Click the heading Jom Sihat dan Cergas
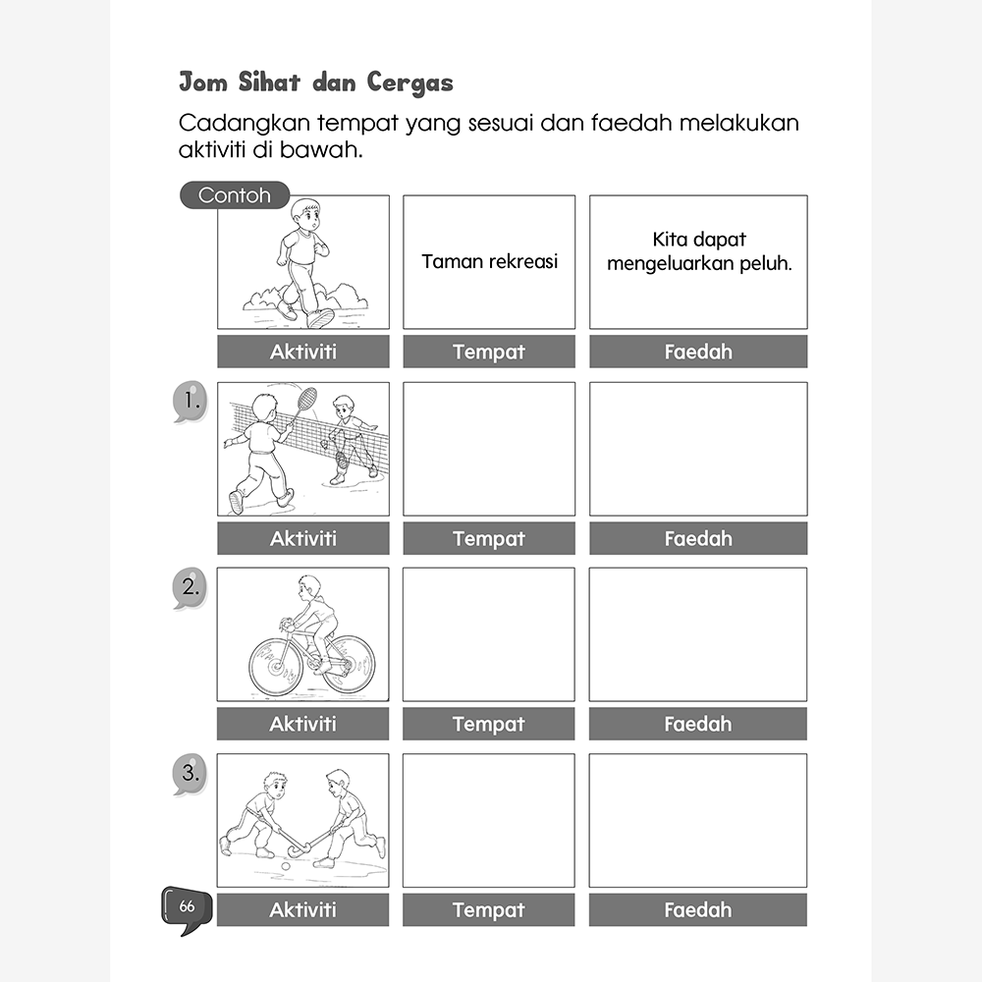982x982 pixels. (315, 82)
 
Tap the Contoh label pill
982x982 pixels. (235, 194)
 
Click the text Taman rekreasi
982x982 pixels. (489, 262)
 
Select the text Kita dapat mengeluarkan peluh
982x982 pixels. (698, 252)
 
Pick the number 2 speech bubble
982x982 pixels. (190, 588)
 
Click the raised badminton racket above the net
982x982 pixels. (306, 398)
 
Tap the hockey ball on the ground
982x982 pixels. (285, 867)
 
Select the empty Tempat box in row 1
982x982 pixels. (489, 449)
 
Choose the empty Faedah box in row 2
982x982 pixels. (698, 634)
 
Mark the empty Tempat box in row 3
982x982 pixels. (489, 820)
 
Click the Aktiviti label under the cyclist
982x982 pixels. (302, 724)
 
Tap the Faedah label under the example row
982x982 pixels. (698, 352)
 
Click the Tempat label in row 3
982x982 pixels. (489, 910)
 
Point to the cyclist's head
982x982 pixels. (309, 587)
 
